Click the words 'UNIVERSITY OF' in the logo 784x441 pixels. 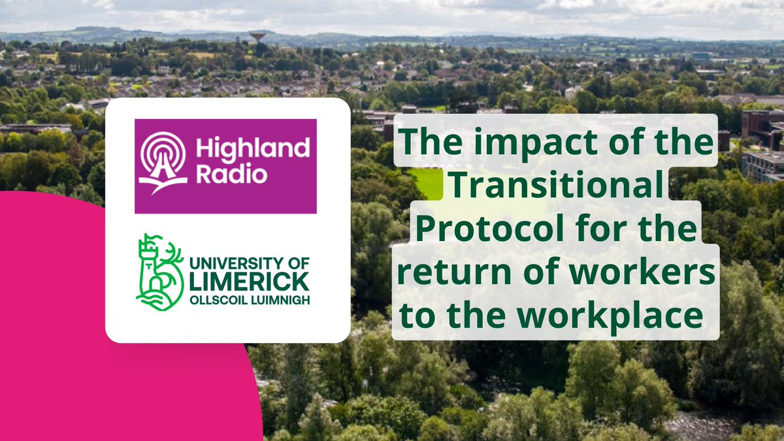pyautogui.click(x=244, y=263)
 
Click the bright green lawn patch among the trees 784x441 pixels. pyautogui.click(x=426, y=184)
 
